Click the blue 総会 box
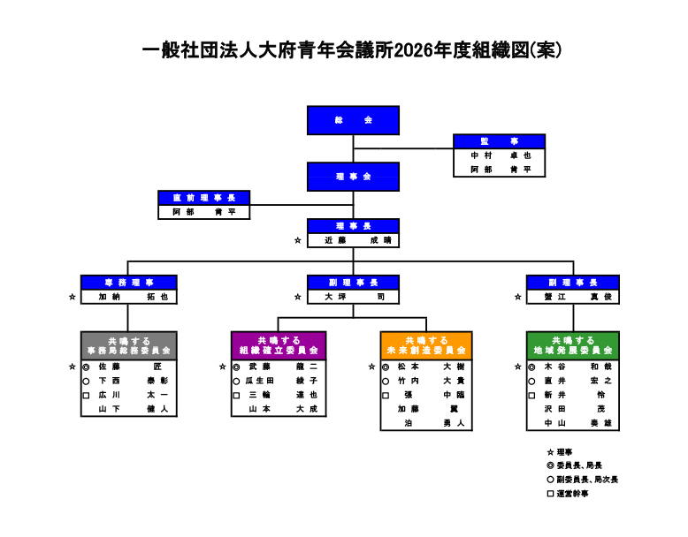tap(353, 120)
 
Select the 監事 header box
tap(499, 141)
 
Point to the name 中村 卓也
tap(499, 155)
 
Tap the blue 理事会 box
tap(353, 177)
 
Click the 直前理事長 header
tap(204, 198)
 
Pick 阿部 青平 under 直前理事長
tap(204, 212)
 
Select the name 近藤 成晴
tap(353, 240)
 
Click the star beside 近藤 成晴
tap(298, 240)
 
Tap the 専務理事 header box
tap(128, 283)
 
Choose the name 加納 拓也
tap(128, 298)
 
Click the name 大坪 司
tap(353, 298)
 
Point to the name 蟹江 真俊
tap(571, 298)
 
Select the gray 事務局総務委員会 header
tap(128, 345)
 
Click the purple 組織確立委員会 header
tap(278, 345)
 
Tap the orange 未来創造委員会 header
tap(425, 345)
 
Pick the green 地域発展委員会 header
tap(573, 345)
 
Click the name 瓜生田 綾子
tap(281, 381)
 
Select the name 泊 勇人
tap(428, 423)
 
